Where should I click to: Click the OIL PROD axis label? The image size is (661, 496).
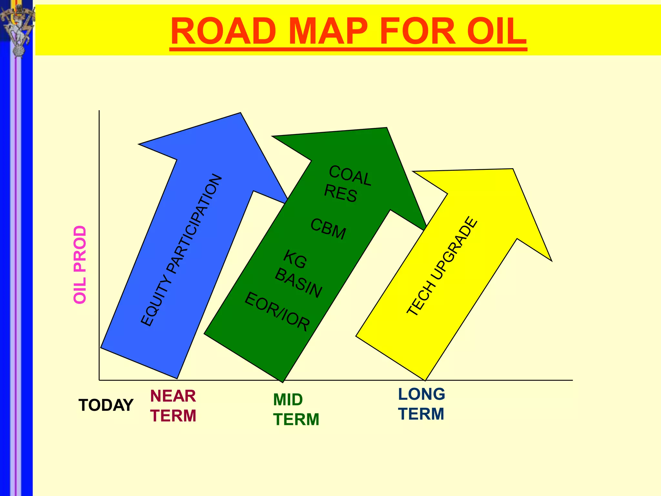[80, 264]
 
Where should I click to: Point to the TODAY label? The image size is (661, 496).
[106, 405]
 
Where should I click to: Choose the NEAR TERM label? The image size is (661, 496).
[173, 406]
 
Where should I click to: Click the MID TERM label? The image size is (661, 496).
[296, 409]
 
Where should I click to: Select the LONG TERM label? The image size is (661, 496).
[422, 404]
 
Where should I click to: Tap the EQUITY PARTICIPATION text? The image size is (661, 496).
[181, 250]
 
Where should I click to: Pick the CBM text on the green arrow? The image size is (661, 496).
[328, 229]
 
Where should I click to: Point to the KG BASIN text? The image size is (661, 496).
[299, 274]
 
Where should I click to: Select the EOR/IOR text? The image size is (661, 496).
[277, 311]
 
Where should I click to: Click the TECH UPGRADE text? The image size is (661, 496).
[442, 266]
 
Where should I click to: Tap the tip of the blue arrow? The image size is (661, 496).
[240, 113]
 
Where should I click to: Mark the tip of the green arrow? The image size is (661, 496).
[386, 128]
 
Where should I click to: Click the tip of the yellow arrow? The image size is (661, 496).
[513, 169]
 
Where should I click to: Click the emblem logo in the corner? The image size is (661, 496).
[18, 29]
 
